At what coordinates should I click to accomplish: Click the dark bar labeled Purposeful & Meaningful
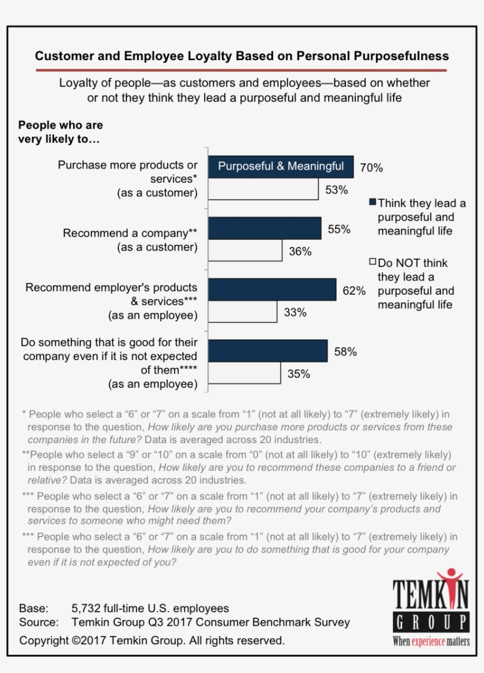[x=280, y=167]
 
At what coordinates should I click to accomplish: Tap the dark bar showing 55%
[x=265, y=229]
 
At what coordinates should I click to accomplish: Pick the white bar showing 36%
[x=245, y=250]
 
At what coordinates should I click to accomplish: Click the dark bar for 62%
[x=272, y=290]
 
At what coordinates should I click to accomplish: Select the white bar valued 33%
[x=243, y=312]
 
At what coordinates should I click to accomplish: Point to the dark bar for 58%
[x=268, y=351]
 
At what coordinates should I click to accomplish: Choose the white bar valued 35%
[x=244, y=372]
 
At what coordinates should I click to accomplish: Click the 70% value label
[x=371, y=168]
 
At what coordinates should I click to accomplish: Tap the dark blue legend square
[x=372, y=203]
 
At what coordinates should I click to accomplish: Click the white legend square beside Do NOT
[x=372, y=262]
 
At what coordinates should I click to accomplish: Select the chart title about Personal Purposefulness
[x=241, y=56]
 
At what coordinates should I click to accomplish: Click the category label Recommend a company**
[x=130, y=233]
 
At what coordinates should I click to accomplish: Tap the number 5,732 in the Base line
[x=85, y=608]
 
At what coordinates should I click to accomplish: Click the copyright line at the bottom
[x=152, y=640]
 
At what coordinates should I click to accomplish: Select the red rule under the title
[x=241, y=70]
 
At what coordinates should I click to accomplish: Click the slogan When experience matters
[x=431, y=641]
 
